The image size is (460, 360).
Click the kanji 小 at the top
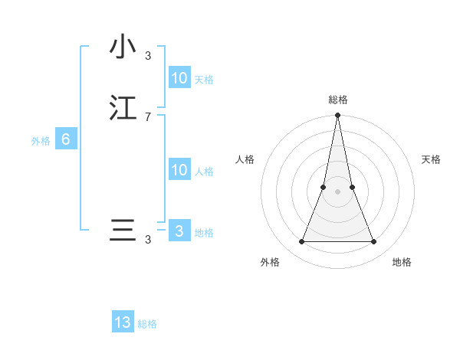pos(123,47)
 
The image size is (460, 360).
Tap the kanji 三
pos(123,231)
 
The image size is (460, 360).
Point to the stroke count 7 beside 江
pos(148,116)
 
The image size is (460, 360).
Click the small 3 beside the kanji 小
pos(148,55)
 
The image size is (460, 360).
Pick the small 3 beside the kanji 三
pos(148,240)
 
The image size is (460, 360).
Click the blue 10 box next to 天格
pos(179,78)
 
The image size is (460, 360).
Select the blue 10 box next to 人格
pos(179,170)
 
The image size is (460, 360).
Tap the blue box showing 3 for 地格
pos(179,231)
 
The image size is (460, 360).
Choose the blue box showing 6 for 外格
pos(66,139)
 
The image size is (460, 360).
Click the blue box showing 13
pos(123,322)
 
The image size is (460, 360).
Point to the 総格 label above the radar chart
pos(337,100)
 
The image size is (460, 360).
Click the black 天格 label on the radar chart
pos(431,159)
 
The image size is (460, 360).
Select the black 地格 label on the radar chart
pos(402,262)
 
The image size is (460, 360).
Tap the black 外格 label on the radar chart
pos(270,262)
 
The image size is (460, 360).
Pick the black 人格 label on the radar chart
pos(245,159)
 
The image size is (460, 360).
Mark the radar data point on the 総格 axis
pos(337,116)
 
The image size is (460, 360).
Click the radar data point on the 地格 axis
pos(373,242)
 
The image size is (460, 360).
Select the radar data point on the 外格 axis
pos(301,242)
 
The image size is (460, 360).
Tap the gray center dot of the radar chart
pos(337,191)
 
